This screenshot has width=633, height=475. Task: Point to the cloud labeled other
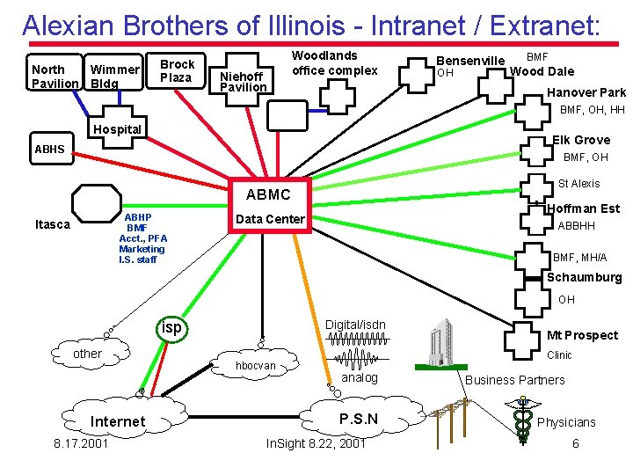pyautogui.click(x=87, y=354)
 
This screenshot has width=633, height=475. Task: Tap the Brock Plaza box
pyautogui.click(x=178, y=70)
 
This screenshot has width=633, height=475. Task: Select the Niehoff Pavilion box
pyautogui.click(x=244, y=82)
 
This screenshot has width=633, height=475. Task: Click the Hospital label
pyautogui.click(x=117, y=129)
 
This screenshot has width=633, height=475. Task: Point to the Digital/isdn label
pyautogui.click(x=355, y=325)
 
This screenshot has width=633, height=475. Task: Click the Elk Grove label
pyautogui.click(x=581, y=140)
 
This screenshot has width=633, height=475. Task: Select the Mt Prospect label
pyautogui.click(x=582, y=335)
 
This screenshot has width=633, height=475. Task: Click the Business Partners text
pyautogui.click(x=514, y=380)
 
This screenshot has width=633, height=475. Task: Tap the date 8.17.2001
pyautogui.click(x=81, y=443)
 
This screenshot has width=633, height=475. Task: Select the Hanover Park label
pyautogui.click(x=586, y=92)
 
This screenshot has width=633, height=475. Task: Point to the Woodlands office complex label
pyautogui.click(x=334, y=63)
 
